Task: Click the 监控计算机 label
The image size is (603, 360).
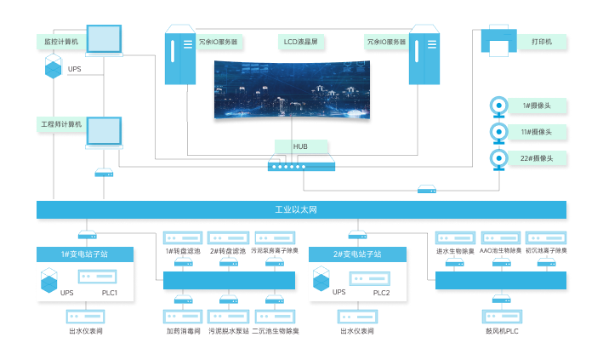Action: coord(60,40)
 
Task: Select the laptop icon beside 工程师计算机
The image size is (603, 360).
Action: coord(104,133)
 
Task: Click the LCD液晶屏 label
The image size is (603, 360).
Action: coord(301,40)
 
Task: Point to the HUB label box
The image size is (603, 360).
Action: coord(300,146)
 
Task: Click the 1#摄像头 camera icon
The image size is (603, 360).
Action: coord(498,106)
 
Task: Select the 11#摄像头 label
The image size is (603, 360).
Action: coord(536,132)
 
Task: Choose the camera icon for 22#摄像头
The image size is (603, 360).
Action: coord(498,158)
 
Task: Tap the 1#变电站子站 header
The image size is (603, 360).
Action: coord(84,254)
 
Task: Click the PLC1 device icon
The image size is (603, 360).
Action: coord(97,277)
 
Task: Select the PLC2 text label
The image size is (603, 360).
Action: coord(381,293)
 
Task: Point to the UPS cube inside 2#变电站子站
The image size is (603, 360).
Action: coord(321,278)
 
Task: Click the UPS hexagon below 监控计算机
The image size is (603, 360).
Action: coord(54,66)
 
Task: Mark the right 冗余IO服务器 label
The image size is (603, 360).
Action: coord(386,40)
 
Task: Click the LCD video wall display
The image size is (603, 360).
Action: coord(293,90)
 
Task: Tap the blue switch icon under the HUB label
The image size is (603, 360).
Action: coord(301,165)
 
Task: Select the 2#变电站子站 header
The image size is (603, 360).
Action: coord(357,254)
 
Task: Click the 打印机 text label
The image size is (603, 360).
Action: coord(541,41)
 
